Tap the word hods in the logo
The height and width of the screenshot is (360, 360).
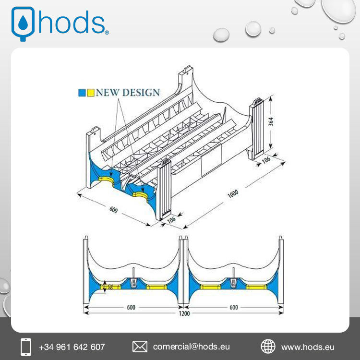72,23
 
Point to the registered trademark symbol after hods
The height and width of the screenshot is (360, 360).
107,33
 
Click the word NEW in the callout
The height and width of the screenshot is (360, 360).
107,92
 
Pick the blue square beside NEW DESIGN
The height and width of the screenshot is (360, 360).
82,93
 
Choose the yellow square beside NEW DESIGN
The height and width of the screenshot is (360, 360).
90,93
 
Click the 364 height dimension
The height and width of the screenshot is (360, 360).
271,122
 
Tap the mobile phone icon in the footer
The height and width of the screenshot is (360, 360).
26,346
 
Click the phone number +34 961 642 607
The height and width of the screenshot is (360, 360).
72,347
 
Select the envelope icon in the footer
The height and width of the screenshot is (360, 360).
140,346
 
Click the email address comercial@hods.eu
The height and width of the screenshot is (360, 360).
192,347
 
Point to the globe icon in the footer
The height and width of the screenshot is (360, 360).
268,346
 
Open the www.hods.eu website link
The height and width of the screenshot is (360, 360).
307,347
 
